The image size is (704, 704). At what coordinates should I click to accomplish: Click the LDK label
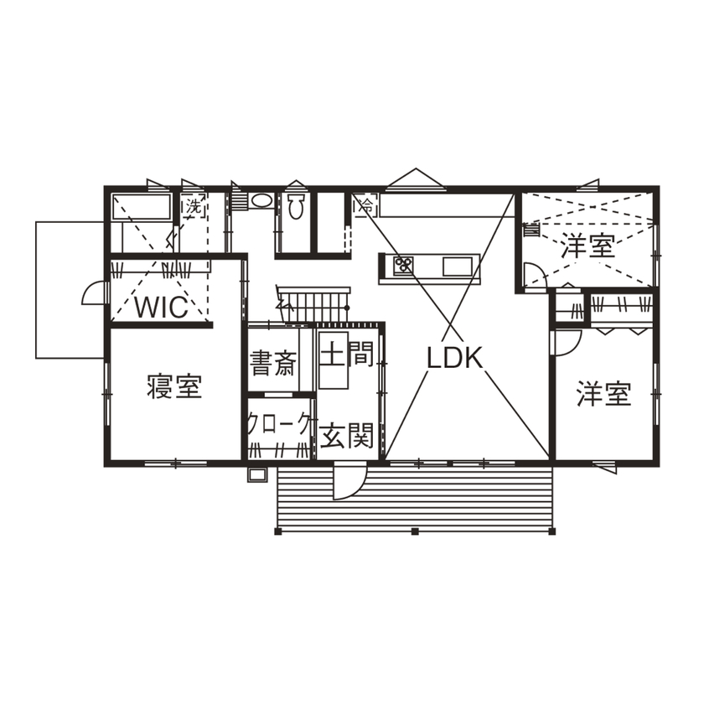pos(455,359)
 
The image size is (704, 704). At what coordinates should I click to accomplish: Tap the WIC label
pos(160,306)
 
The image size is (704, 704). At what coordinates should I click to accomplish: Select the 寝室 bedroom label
pos(173,388)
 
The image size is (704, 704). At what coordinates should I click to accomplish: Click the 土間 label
pos(346,356)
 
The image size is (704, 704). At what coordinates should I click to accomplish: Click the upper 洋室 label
pos(588,246)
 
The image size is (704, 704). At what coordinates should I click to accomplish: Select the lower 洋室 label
pos(603,394)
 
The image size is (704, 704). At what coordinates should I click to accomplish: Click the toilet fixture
pos(295,207)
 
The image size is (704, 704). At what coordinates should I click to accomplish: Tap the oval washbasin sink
pos(261,202)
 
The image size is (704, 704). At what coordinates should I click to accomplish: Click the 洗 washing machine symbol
pos(194,204)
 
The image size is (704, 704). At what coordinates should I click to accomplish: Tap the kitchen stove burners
pos(403,267)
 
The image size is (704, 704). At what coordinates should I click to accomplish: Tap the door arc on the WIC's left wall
pos(91,292)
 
